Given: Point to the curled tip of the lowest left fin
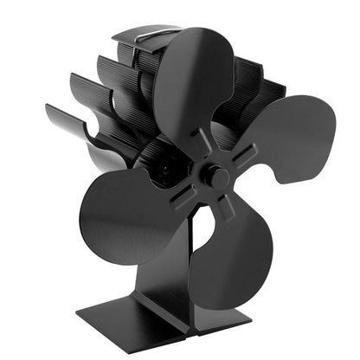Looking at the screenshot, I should click(x=52, y=112).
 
